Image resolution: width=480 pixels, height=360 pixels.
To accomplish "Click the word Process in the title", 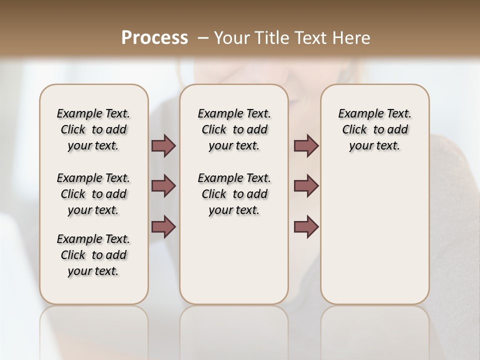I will click(154, 38).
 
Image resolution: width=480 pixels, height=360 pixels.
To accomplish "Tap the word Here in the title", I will click(351, 38).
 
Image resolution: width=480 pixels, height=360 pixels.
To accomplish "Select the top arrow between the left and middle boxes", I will click(163, 146).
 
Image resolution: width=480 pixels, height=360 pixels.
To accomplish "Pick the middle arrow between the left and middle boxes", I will click(163, 186).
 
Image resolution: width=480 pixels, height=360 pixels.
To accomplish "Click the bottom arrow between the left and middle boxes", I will click(163, 227).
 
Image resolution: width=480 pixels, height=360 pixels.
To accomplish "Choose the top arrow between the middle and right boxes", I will click(306, 146).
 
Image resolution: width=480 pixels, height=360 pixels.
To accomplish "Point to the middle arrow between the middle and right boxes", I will click(306, 186).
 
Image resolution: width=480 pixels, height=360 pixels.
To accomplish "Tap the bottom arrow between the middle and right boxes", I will click(306, 227).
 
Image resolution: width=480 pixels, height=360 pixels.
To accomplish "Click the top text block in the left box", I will click(93, 129).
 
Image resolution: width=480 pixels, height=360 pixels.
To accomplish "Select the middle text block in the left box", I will click(93, 194).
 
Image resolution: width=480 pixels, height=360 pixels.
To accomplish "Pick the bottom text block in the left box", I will click(93, 255).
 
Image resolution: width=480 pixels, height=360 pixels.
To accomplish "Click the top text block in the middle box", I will click(234, 129).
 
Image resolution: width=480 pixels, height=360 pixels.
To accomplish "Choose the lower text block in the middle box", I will click(234, 194).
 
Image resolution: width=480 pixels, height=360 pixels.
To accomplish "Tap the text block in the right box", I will click(374, 129).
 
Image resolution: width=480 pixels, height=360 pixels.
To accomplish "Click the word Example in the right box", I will click(357, 114).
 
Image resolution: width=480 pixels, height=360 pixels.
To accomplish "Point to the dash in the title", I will click(203, 38).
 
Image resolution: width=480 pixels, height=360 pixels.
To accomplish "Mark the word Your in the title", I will click(231, 38).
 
